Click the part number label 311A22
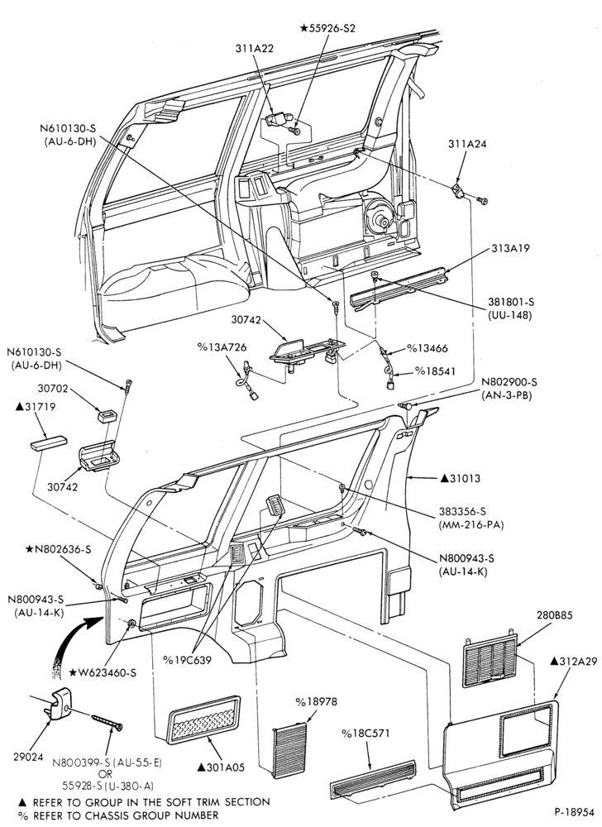[255, 48]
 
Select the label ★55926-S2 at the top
[327, 28]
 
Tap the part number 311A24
[466, 143]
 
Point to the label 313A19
[511, 248]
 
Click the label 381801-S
[509, 302]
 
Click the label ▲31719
[36, 407]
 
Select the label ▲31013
[461, 478]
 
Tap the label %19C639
[187, 660]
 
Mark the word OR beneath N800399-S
[106, 774]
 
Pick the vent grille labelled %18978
[289, 749]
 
